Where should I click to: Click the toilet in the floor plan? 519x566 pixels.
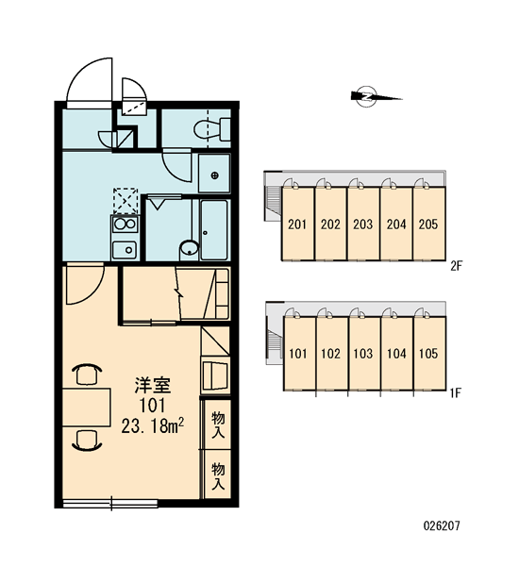click(x=212, y=129)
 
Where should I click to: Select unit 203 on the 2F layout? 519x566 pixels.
click(x=363, y=224)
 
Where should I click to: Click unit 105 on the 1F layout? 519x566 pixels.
click(x=429, y=354)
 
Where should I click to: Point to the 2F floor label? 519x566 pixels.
click(x=457, y=266)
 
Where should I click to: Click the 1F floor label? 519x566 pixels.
click(x=456, y=392)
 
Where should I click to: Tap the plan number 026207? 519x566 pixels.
click(x=442, y=525)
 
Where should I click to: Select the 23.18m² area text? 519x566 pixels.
click(x=153, y=426)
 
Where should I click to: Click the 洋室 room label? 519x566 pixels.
click(x=153, y=385)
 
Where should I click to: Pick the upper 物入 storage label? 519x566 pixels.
click(x=218, y=424)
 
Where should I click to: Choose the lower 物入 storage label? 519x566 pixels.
click(x=218, y=476)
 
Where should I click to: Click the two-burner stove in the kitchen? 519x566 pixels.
click(x=125, y=224)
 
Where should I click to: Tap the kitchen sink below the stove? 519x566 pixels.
click(x=125, y=250)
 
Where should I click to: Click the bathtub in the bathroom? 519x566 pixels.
click(x=214, y=230)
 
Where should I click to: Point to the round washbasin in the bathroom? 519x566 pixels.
click(x=189, y=248)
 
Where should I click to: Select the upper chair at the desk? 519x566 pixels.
click(x=87, y=374)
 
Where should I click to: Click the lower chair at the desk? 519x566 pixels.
click(x=87, y=441)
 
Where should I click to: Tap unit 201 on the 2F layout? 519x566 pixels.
click(x=298, y=224)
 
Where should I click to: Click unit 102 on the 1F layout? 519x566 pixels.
click(x=331, y=354)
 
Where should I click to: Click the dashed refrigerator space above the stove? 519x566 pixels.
click(x=126, y=202)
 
